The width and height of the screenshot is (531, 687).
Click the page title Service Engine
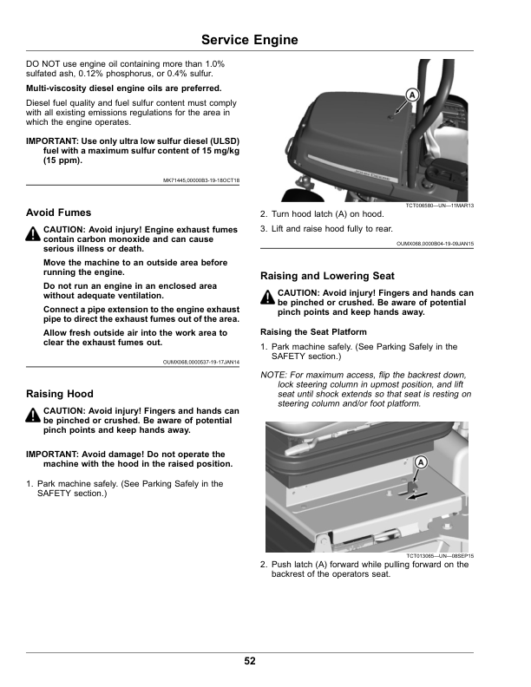click(x=249, y=40)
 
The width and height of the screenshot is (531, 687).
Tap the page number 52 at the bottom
click(x=250, y=661)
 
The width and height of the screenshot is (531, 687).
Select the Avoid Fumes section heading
click(x=58, y=212)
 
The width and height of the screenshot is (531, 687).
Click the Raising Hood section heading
click(x=59, y=393)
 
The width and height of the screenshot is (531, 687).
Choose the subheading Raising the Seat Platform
click(x=313, y=332)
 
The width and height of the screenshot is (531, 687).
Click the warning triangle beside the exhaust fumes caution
click(x=33, y=233)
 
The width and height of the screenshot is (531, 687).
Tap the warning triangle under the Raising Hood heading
click(x=33, y=415)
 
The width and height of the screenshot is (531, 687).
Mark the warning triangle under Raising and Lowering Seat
click(x=267, y=298)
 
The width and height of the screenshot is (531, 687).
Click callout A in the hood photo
click(x=411, y=94)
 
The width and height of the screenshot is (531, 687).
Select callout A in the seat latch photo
click(x=420, y=462)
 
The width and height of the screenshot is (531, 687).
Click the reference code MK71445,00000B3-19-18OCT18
click(x=201, y=180)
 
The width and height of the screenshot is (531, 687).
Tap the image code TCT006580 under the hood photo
click(x=439, y=206)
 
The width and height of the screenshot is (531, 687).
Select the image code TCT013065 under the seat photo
click(x=440, y=556)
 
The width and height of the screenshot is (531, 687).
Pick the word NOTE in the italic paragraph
click(x=274, y=374)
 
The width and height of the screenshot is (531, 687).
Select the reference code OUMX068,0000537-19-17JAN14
click(x=200, y=362)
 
